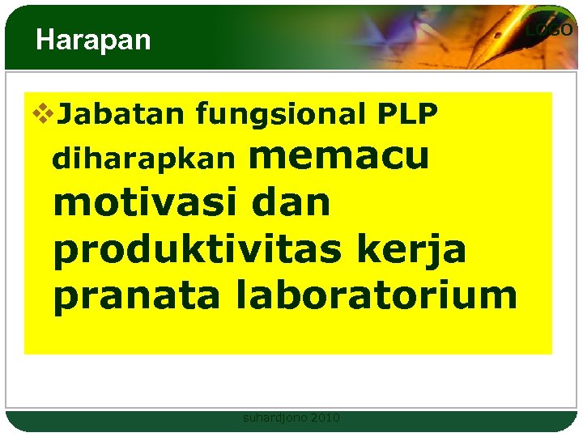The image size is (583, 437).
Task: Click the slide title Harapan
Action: click(x=93, y=40)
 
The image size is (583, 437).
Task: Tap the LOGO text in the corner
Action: click(x=549, y=31)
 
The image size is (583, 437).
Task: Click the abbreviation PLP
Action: click(x=407, y=116)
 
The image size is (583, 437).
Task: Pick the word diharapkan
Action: click(x=144, y=159)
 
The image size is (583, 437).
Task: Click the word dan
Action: click(x=291, y=202)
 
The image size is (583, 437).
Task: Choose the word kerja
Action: click(x=428, y=250)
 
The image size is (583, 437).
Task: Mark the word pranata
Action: click(x=136, y=295)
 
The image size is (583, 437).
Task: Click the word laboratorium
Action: click(x=375, y=295)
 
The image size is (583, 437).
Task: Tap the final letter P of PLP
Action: click(x=428, y=116)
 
